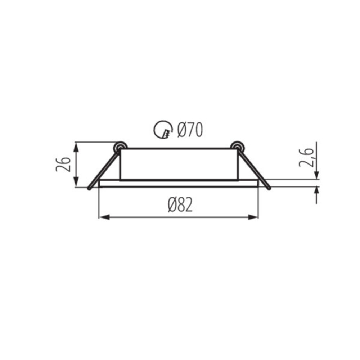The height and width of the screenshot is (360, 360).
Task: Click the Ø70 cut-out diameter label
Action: (190, 130)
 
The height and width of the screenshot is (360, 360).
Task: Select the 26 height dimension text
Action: (63, 164)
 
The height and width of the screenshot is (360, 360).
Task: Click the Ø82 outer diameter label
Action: (180, 205)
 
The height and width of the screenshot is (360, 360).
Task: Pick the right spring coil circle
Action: (237, 146)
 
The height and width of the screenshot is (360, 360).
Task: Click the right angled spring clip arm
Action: (253, 168)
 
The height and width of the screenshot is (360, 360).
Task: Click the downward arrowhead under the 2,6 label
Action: (316, 175)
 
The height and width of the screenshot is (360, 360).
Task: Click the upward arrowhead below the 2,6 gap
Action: (316, 190)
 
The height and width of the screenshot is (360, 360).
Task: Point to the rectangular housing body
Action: (179, 164)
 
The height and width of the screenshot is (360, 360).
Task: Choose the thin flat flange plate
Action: (179, 184)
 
